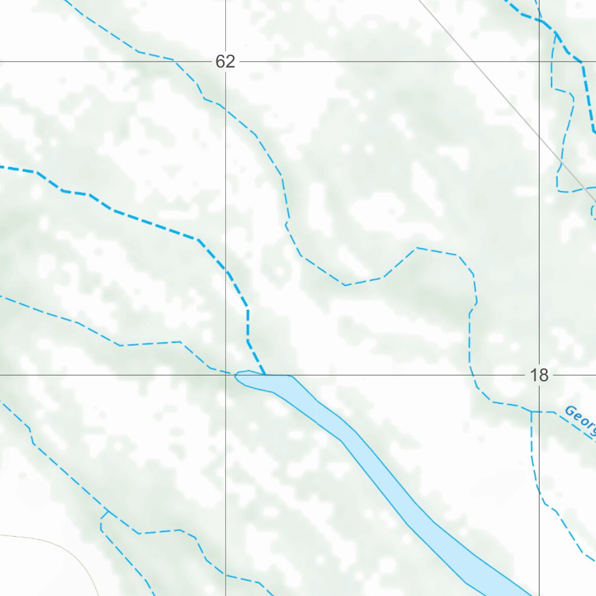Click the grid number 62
[225, 61]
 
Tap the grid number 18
[540, 375]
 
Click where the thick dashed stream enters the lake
[265, 375]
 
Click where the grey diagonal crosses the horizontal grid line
[477, 62]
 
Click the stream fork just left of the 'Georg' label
[531, 411]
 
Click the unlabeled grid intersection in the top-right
[540, 62]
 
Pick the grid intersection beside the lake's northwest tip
[226, 375]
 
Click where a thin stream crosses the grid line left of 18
[471, 375]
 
